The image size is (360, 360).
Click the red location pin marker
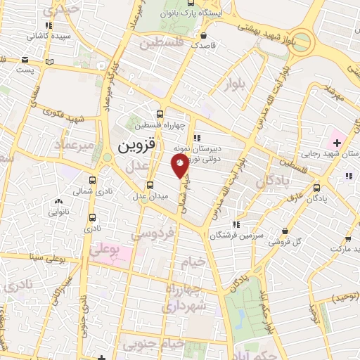[x=181, y=165]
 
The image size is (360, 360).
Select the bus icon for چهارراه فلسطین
[x=161, y=114]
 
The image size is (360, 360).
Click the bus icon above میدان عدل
[x=150, y=185]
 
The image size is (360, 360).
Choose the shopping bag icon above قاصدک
[x=204, y=35]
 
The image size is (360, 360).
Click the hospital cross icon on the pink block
[x=338, y=143]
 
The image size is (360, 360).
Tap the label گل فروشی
[x=288, y=241]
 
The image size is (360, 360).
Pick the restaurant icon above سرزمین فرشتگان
[x=237, y=224]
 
